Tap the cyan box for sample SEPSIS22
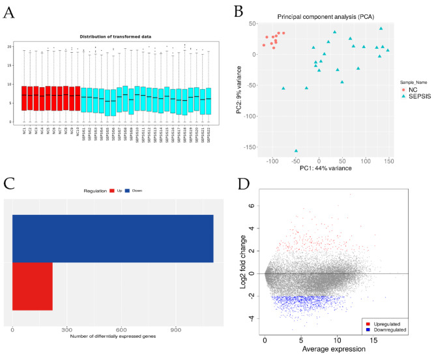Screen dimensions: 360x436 pos(209,101)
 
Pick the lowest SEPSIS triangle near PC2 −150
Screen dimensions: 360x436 pos(297,151)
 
